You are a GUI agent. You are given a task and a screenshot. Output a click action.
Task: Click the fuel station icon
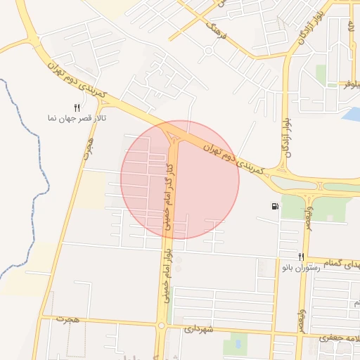[x=274, y=206]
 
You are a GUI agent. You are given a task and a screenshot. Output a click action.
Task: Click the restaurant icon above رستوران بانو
[x=301, y=257]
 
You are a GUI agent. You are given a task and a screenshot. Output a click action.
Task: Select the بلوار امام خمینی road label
[x=167, y=275]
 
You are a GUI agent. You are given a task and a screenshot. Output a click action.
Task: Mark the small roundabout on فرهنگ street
[x=208, y=51]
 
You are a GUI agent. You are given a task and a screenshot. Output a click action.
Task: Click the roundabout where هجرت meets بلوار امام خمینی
[x=162, y=325]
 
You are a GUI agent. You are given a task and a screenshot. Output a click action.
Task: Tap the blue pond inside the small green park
[x=236, y=344]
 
